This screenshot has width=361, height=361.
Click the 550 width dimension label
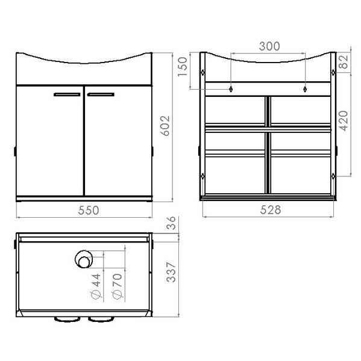pos(89,210)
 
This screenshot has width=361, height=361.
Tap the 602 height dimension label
pos(165,126)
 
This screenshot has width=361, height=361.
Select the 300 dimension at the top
pos(269,46)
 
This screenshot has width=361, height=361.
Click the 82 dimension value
pos(344,62)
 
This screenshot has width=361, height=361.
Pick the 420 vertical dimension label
pos(344,121)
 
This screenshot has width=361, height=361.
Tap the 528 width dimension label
pos(271,210)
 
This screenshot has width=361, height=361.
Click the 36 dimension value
pos(171,223)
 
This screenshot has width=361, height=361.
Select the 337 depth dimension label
pos(171,272)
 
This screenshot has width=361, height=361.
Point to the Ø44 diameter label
pos(96,286)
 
